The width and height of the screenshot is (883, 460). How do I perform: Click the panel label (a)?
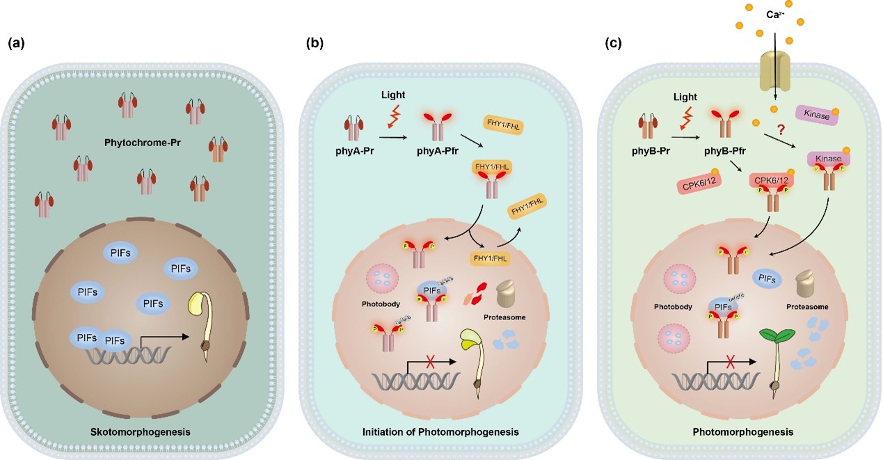click(16, 43)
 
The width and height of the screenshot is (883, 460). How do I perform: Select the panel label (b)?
click(315, 43)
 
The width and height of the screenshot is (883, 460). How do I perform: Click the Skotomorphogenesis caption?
click(141, 432)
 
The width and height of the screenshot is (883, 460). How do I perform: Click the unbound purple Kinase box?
click(817, 116)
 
